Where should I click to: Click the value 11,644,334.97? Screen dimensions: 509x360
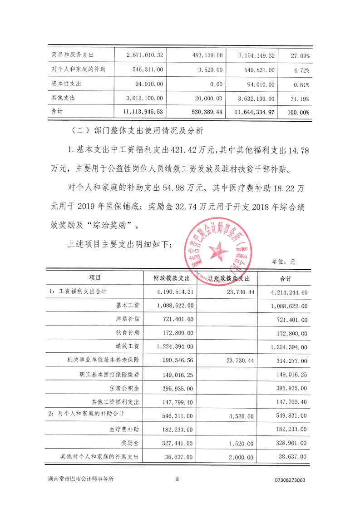[x=254, y=112]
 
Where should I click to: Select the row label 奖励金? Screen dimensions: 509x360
[x=130, y=443]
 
